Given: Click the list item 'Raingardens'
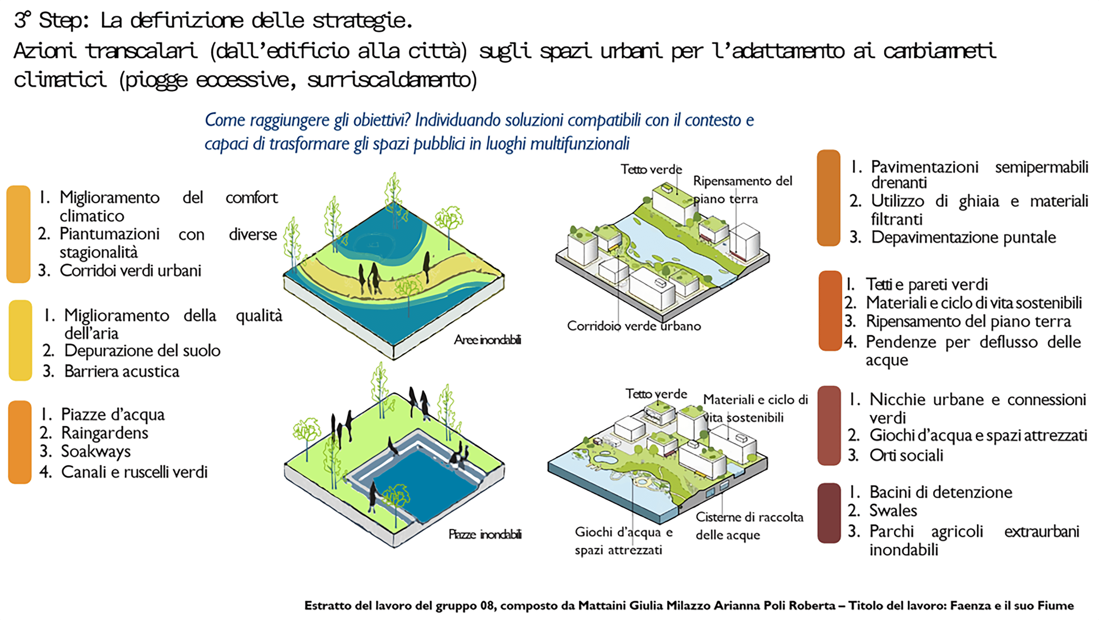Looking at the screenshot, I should (105, 433).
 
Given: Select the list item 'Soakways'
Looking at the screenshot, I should (96, 452).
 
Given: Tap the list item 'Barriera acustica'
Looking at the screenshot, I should (121, 372).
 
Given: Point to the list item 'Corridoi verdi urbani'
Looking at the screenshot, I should (130, 271).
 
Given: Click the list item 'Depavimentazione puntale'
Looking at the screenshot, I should (963, 237).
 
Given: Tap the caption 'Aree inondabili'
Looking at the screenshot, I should (487, 340).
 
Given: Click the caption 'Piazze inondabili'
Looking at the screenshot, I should (485, 535).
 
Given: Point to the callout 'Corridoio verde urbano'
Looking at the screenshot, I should (633, 326).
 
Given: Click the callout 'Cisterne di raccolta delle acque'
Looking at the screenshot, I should (749, 526).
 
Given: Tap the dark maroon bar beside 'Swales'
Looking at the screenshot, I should (829, 513).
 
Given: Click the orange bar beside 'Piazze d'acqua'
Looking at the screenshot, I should (20, 442).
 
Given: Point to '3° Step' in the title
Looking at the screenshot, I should (51, 20).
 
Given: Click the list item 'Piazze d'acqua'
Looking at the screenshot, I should (113, 414).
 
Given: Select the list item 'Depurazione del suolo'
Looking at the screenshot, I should (142, 351).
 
